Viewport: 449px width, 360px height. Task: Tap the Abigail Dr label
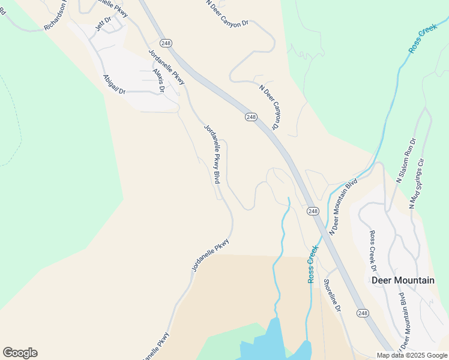click(114, 84)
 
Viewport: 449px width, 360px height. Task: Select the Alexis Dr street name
click(158, 80)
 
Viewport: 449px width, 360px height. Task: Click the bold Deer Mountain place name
click(403, 280)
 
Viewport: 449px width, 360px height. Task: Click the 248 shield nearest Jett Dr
click(166, 43)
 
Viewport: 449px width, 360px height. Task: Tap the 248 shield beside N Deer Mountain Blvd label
click(313, 211)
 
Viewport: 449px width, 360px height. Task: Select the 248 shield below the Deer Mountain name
click(363, 313)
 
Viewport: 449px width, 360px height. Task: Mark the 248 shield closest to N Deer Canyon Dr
click(251, 117)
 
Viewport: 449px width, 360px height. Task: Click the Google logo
click(20, 353)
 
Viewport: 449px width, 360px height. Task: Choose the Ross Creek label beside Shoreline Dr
click(312, 264)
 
